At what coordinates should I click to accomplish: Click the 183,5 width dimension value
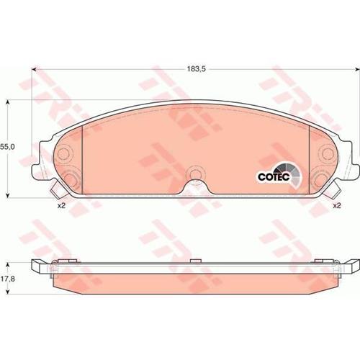point(197,69)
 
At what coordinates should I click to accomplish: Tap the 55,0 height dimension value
point(7,147)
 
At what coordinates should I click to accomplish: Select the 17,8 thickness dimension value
point(7,279)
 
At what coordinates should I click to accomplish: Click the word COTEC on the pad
point(274,177)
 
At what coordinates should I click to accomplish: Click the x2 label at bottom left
point(61,206)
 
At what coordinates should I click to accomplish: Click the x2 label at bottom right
point(337,206)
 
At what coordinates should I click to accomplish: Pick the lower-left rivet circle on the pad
point(70,179)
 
